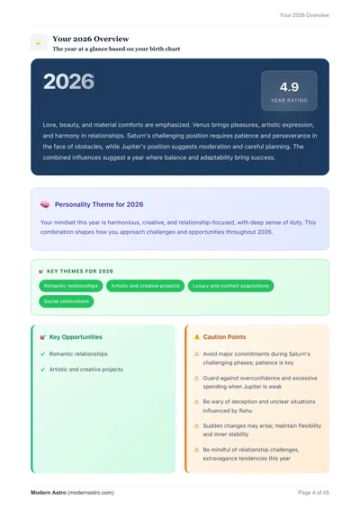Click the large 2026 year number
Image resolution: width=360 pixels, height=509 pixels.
[68, 82]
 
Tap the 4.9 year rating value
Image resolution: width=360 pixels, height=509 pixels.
[289, 86]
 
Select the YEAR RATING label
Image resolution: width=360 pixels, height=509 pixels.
[289, 101]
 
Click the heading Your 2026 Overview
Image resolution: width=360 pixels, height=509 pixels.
[90, 40]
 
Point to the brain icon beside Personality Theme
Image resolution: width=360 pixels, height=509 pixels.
[45, 205]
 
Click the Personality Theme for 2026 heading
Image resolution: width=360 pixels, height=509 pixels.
[99, 205]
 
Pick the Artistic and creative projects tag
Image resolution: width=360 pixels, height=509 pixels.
[145, 286]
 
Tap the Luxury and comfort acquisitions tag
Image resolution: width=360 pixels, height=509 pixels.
[229, 286]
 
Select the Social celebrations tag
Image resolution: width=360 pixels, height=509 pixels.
[66, 301]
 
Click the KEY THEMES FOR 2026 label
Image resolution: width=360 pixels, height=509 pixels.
[79, 271]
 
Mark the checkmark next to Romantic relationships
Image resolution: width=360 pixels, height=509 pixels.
[42, 354]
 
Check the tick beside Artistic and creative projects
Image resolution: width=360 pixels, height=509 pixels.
[42, 370]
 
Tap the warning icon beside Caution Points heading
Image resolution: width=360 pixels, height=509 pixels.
[197, 337]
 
